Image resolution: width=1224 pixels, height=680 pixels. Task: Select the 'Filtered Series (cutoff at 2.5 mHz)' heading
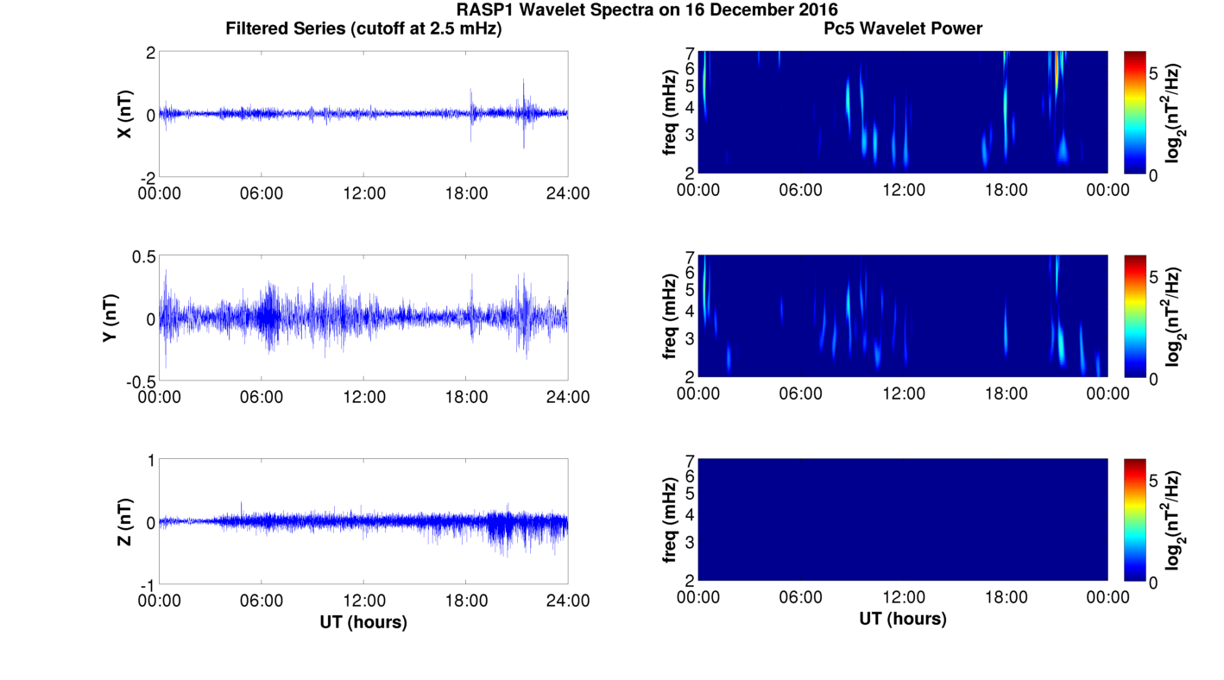click(363, 28)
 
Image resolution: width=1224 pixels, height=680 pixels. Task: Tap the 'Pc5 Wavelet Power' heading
click(903, 28)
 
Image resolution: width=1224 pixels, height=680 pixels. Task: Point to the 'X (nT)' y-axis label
click(124, 114)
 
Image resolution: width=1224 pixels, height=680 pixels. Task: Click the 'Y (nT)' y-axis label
click(110, 318)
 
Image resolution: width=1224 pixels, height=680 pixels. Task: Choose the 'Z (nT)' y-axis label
click(124, 522)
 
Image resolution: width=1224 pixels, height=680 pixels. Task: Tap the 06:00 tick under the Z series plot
click(262, 601)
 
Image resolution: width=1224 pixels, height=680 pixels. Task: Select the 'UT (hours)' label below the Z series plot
click(363, 621)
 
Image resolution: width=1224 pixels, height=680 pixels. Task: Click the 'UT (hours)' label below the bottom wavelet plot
click(903, 619)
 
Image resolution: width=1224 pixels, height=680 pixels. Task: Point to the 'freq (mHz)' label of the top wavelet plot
click(669, 112)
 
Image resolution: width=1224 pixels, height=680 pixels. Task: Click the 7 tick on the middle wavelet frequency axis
click(690, 257)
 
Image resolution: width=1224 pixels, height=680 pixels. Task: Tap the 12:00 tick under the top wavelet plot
click(903, 190)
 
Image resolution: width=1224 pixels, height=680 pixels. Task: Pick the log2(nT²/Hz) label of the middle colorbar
click(1174, 317)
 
